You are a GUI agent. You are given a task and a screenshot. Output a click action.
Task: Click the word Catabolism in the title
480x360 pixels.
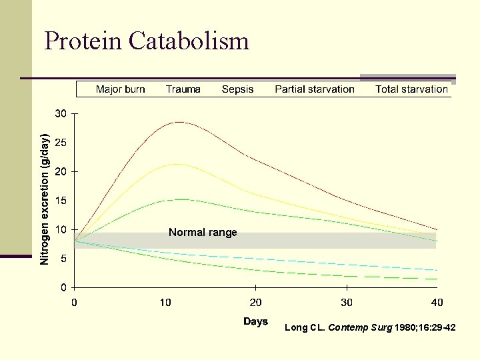(x=189, y=41)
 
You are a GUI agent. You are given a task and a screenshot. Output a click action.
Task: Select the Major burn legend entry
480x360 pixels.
(x=120, y=89)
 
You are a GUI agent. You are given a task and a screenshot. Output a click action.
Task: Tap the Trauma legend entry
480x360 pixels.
(x=183, y=89)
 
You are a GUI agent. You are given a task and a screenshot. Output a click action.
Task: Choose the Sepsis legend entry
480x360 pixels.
(x=237, y=89)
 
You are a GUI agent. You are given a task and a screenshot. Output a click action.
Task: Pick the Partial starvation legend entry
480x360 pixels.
(x=314, y=89)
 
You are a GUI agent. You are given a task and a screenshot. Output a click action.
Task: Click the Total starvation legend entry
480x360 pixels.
(x=411, y=89)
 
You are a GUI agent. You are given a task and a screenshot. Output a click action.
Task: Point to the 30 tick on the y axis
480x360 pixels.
(x=61, y=114)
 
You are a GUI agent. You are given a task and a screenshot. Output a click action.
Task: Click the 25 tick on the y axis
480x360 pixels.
(x=61, y=143)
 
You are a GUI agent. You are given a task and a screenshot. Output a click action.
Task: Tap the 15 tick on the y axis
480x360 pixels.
(x=61, y=201)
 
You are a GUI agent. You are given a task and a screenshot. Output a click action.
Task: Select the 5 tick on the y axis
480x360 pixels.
(x=63, y=259)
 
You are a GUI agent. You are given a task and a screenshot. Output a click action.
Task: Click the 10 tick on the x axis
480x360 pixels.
(x=165, y=303)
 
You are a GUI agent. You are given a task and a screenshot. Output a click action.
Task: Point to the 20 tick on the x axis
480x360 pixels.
(x=255, y=303)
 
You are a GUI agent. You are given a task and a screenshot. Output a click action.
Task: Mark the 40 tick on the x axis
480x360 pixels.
(x=437, y=303)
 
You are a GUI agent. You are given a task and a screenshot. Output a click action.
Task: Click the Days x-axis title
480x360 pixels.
(x=255, y=321)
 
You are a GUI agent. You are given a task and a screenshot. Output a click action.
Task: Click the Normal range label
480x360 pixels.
(x=203, y=233)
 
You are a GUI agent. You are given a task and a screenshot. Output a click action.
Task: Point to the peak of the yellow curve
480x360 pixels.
(x=175, y=164)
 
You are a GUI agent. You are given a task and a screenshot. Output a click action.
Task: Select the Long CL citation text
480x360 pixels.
(x=370, y=327)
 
